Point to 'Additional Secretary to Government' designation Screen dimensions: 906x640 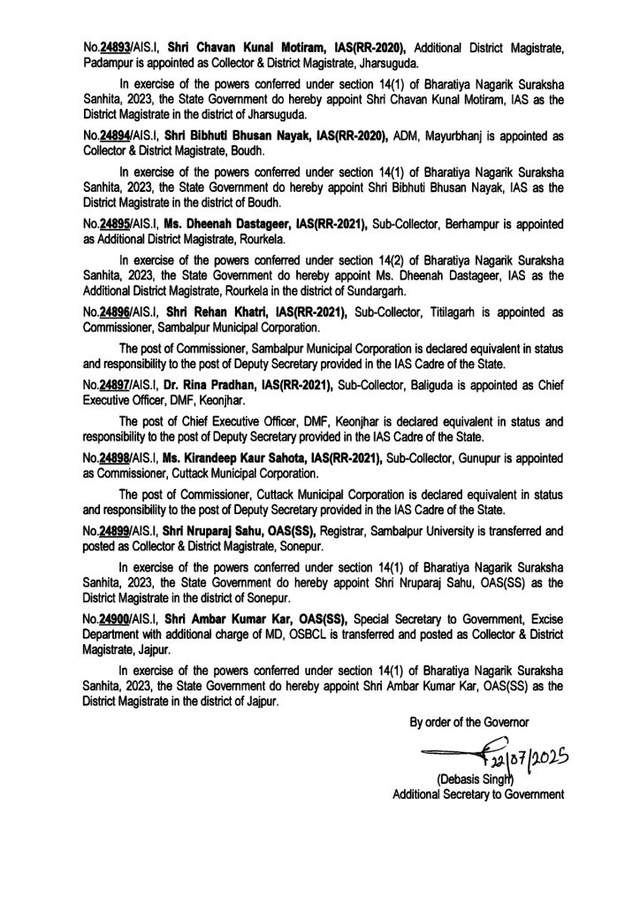point(477,795)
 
